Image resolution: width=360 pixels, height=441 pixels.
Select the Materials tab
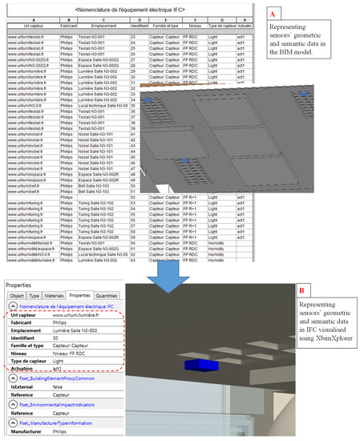(x=54, y=273)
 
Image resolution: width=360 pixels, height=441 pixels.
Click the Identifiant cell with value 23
(x=132, y=37)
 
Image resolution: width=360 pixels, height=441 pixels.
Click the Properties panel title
(x=20, y=261)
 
